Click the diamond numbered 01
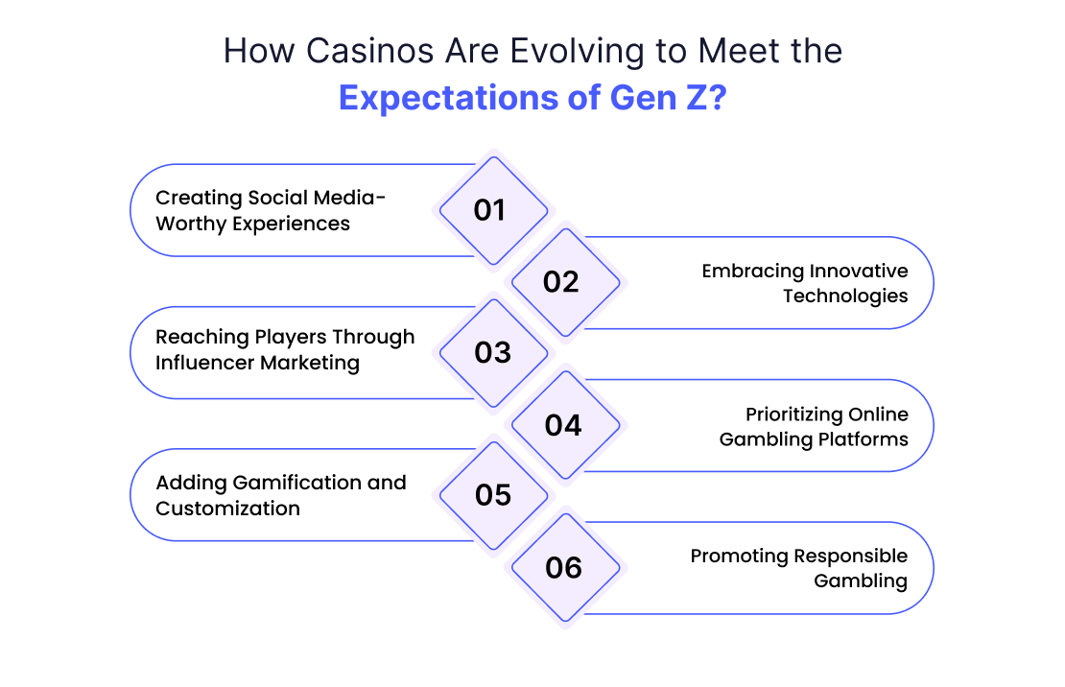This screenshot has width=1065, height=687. click(x=494, y=211)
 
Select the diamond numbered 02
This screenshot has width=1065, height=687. click(x=566, y=283)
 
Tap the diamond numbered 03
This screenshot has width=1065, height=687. click(x=494, y=353)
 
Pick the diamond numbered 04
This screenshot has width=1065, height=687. click(x=566, y=425)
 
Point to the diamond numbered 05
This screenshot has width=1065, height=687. click(x=494, y=495)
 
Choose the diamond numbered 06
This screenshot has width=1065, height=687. click(x=566, y=567)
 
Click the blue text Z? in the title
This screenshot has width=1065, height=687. click(x=706, y=97)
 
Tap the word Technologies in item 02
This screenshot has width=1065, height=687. click(x=845, y=296)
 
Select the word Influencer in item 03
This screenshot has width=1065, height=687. click(x=204, y=363)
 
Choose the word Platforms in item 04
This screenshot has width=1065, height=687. click(x=863, y=439)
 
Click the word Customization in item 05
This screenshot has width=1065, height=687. click(x=227, y=509)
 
